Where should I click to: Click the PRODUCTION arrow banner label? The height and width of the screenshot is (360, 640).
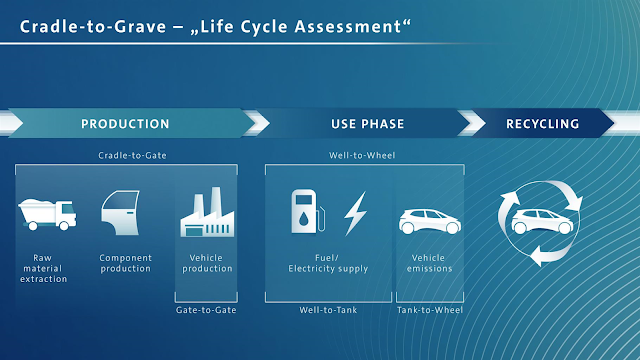pos(125,124)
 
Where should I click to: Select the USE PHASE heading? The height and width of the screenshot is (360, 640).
pos(367,124)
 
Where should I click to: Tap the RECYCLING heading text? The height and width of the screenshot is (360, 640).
pos(542,124)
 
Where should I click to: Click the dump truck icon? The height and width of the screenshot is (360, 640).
pos(47,214)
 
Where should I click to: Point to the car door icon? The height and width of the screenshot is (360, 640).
pos(121,213)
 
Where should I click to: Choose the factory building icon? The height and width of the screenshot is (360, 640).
pos(207,212)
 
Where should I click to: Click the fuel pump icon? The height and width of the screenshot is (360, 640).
pos(308,211)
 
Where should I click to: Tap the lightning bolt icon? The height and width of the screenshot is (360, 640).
pos(355,213)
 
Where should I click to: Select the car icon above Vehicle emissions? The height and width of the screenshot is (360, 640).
pos(430,221)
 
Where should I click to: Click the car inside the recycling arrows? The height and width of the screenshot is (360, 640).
pos(542,221)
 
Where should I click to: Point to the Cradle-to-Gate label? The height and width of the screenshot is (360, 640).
pos(132,155)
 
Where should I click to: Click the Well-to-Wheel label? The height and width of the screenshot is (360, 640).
pos(362,155)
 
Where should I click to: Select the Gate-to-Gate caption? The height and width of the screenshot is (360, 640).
pos(206,310)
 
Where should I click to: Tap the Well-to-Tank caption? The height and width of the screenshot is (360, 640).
pos(328,310)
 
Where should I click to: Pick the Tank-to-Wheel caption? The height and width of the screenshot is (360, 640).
pos(430,310)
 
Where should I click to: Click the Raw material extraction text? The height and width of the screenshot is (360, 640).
pos(43,268)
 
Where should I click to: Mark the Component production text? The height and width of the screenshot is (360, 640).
pos(126,263)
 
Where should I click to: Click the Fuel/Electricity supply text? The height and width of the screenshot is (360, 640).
pos(328,263)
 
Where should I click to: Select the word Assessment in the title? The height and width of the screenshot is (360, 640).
pos(348,27)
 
